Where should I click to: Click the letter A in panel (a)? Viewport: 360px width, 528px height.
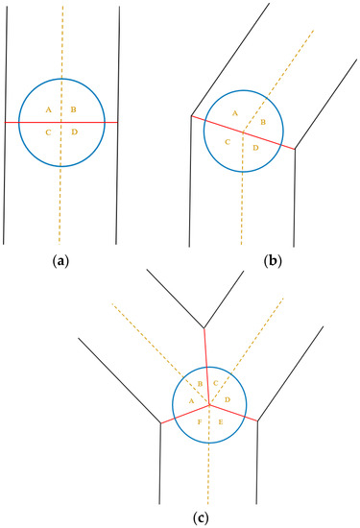click(x=48, y=110)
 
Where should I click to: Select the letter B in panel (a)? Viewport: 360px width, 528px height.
click(x=73, y=110)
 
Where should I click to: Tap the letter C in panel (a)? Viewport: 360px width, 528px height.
click(x=48, y=132)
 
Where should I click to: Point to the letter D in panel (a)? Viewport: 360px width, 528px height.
click(x=74, y=132)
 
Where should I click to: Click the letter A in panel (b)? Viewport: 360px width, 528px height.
click(x=234, y=113)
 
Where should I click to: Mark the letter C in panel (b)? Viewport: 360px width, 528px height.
click(x=228, y=142)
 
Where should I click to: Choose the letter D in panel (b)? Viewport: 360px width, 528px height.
click(x=255, y=149)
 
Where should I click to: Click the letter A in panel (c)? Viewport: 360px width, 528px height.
click(x=191, y=400)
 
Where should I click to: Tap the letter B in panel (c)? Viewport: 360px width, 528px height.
click(x=200, y=384)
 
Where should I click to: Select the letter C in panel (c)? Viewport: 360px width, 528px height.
click(x=217, y=384)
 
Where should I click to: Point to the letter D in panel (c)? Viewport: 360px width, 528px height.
click(x=228, y=398)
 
